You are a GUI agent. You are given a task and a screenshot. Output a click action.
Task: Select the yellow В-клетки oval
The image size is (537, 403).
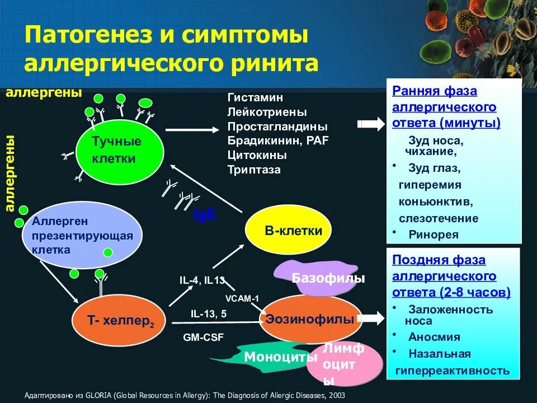[289, 230]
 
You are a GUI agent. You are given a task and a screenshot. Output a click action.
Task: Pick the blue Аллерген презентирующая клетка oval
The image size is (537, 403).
[82, 236]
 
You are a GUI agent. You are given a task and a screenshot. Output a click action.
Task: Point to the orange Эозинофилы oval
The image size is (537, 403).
[310, 320]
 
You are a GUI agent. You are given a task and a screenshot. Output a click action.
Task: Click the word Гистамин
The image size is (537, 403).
[255, 97]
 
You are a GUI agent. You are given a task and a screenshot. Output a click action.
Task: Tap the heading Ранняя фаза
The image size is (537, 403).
[435, 91]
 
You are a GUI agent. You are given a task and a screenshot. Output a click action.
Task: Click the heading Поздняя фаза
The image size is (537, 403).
[439, 260]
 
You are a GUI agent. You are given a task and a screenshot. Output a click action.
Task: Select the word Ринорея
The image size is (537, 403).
[434, 235]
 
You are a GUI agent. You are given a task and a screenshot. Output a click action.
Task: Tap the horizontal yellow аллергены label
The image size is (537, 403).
[44, 92]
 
